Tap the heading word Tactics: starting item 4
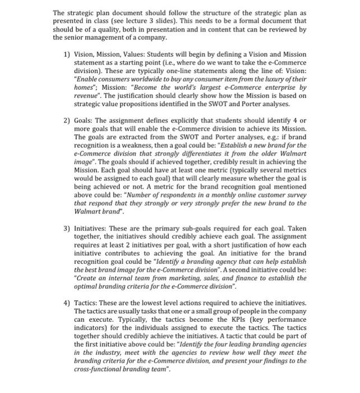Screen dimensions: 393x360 (x=87, y=303)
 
